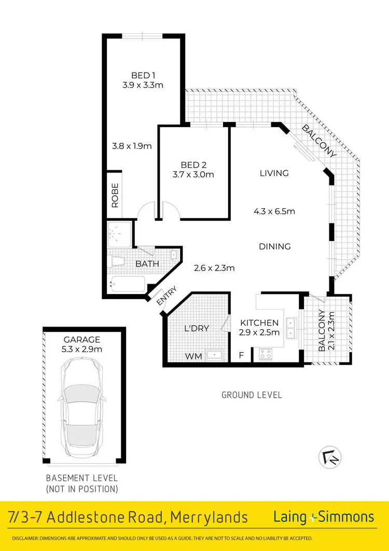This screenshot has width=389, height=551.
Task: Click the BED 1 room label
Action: pyautogui.click(x=143, y=74)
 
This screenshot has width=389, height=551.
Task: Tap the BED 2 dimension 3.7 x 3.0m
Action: pyautogui.click(x=194, y=174)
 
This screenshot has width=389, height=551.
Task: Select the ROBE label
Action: pyautogui.click(x=115, y=195)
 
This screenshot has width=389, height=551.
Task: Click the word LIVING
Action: pyautogui.click(x=274, y=173)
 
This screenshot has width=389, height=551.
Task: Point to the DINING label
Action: pyautogui.click(x=274, y=247)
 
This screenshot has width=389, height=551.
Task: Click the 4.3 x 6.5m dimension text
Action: pyautogui.click(x=274, y=211)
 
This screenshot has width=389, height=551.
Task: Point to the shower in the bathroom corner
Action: pyautogui.click(x=119, y=233)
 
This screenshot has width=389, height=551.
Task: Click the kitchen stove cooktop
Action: pyautogui.click(x=266, y=354)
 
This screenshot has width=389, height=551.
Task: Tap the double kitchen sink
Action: pyautogui.click(x=291, y=326)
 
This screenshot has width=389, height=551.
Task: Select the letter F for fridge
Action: pyautogui.click(x=240, y=356)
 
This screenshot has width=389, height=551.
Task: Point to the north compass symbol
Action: pyautogui.click(x=328, y=457)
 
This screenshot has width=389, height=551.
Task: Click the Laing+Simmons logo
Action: pyautogui.click(x=324, y=517)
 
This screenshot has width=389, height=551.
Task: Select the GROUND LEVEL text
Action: pyautogui.click(x=252, y=395)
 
